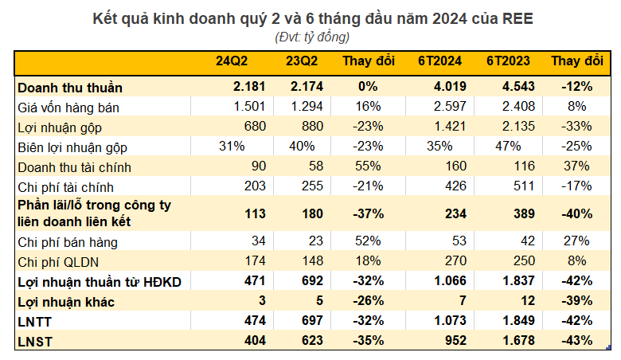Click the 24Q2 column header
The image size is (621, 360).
(236, 61)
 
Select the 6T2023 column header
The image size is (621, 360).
(509, 61)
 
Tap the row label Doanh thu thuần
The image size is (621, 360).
(70, 87)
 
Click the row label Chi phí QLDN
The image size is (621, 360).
(57, 260)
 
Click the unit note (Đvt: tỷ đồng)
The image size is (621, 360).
(311, 37)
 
